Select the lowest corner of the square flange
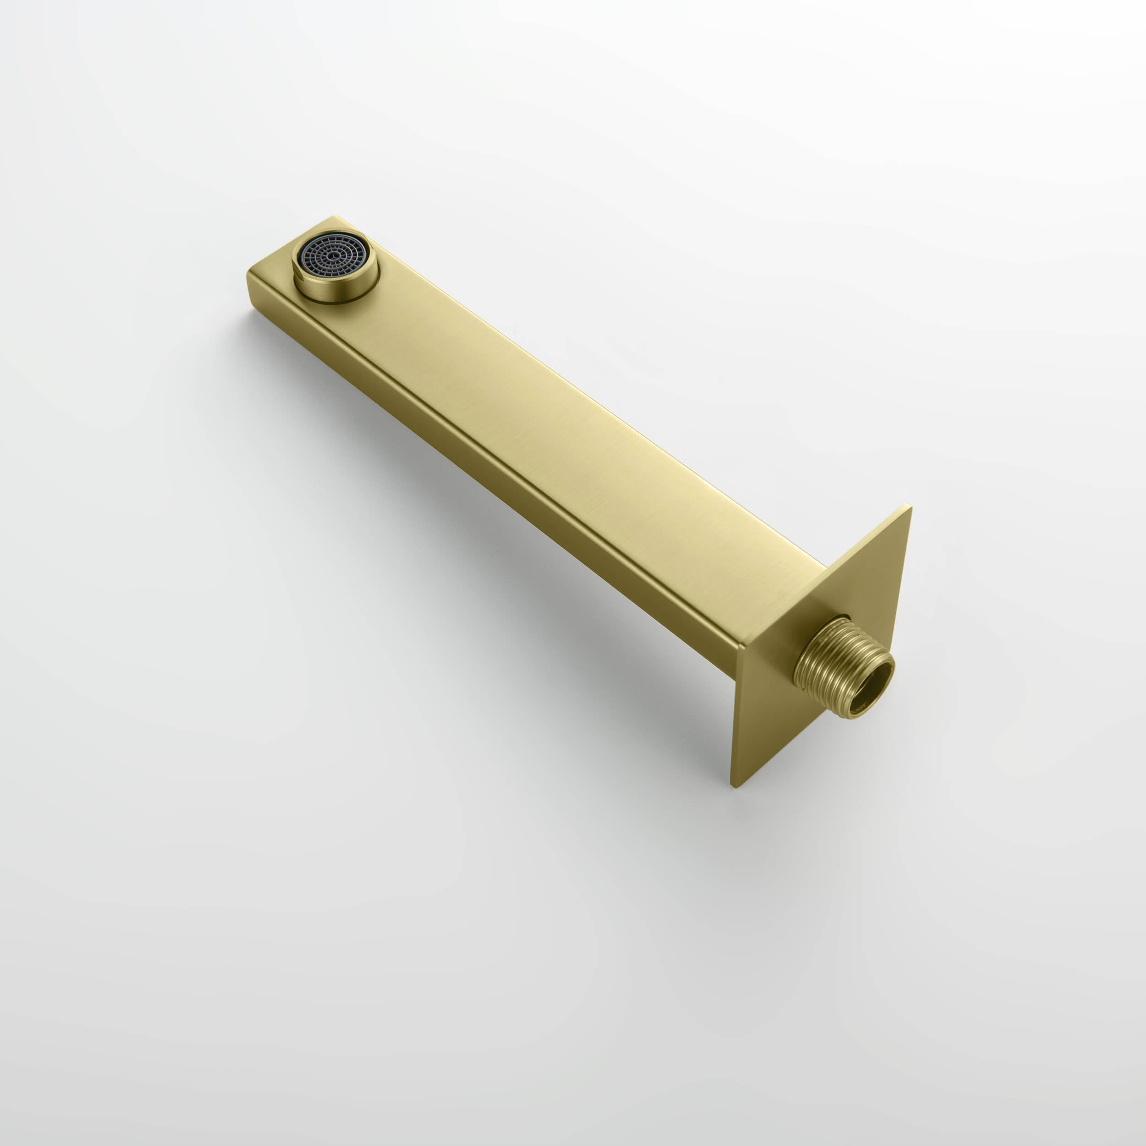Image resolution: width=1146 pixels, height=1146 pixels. pyautogui.click(x=734, y=787)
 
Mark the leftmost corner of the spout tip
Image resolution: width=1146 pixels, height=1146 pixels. pyautogui.click(x=248, y=274)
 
